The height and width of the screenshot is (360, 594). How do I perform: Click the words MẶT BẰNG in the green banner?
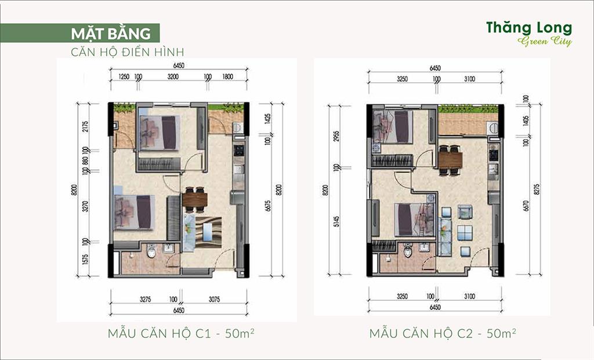[x=111, y=33]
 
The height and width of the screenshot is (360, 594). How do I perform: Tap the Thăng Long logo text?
[x=529, y=28]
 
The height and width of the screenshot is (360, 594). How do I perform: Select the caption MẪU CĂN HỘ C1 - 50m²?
[x=181, y=333]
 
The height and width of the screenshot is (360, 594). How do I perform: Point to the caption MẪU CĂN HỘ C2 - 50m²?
[x=443, y=333]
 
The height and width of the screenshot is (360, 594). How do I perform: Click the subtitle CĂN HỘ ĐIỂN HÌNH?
[x=127, y=52]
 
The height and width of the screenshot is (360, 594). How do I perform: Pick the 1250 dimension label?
[x=124, y=77]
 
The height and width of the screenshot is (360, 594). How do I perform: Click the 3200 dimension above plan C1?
[x=173, y=77]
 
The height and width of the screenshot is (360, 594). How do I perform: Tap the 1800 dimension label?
[x=227, y=77]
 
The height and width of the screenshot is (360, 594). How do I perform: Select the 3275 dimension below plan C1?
[x=145, y=300]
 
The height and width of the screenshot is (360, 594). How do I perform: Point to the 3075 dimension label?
[x=214, y=300]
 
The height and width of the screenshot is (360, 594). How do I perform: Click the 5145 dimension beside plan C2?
[x=336, y=221]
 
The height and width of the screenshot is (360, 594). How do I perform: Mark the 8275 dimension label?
[x=537, y=190]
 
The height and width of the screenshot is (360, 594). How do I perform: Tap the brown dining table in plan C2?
[x=450, y=159]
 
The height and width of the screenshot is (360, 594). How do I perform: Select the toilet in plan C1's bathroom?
[x=151, y=250]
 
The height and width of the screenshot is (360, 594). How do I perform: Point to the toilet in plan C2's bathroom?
[x=408, y=250]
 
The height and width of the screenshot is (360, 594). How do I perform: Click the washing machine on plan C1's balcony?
[x=238, y=127]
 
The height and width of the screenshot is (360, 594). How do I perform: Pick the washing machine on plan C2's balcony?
[x=493, y=128]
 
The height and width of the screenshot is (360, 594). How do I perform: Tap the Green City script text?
[x=544, y=41]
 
